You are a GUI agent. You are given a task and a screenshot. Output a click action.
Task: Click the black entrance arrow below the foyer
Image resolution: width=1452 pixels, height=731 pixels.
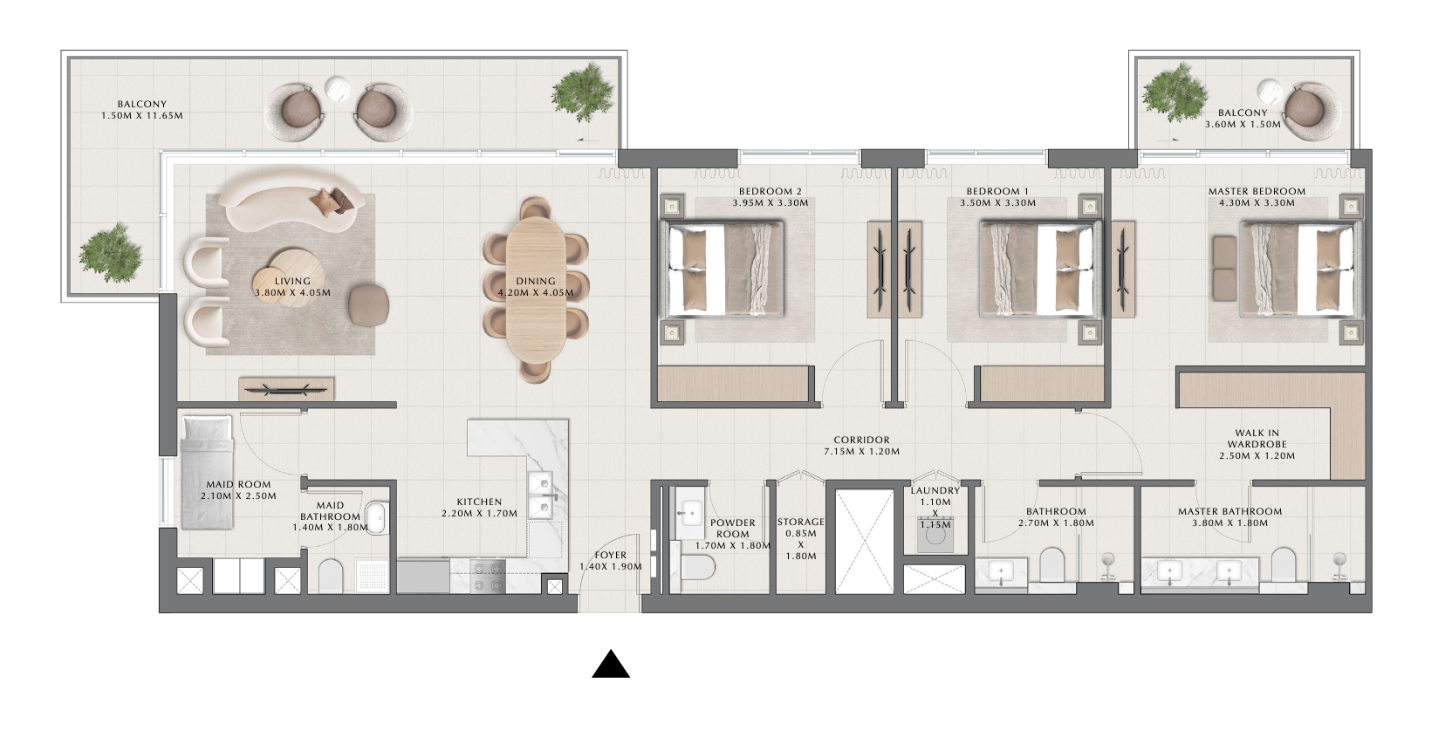611,665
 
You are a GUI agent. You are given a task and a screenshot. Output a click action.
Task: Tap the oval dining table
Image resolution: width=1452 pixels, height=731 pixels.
536,290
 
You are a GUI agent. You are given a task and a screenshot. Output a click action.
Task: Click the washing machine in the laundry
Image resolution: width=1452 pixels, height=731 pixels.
935,534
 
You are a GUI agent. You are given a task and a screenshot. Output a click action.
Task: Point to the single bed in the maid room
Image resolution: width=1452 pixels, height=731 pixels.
207,472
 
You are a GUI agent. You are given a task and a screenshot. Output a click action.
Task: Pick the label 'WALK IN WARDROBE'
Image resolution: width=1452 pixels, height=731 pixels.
1257,439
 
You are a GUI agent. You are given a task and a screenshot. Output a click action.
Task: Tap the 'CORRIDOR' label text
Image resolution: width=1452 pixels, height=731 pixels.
861,440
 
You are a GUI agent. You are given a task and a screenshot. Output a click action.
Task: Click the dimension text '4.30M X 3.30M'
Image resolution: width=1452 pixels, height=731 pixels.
1257,203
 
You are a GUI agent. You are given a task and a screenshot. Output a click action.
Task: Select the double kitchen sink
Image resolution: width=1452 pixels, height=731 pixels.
539,495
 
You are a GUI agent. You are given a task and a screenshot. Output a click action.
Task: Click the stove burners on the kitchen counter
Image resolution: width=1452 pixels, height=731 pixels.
488,577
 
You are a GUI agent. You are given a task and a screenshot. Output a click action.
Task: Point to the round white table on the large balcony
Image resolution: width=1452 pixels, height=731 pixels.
338,90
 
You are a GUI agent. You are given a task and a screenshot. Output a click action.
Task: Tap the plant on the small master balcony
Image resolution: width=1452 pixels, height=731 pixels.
1175,92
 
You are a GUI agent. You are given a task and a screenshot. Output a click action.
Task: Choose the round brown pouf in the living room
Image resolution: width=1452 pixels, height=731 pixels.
369,304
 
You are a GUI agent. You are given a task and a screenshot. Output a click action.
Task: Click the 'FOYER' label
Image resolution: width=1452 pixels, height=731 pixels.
611,556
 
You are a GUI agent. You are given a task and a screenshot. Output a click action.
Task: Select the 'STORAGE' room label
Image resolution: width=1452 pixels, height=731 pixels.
801,523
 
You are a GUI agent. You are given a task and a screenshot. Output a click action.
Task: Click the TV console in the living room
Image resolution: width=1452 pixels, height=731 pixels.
286,389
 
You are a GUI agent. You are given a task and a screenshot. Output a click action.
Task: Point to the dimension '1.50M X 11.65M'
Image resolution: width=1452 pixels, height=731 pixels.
142,116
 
